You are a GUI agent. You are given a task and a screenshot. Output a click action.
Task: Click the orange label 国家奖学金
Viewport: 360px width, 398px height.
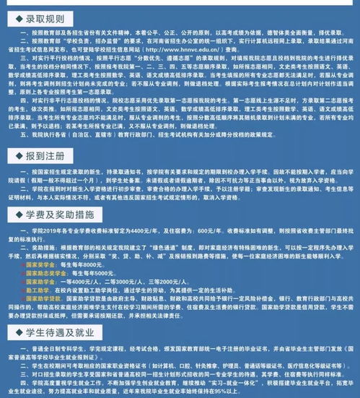click(x=39, y=265)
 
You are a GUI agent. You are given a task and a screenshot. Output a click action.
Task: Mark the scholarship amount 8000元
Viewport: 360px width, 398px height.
click(x=84, y=265)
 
